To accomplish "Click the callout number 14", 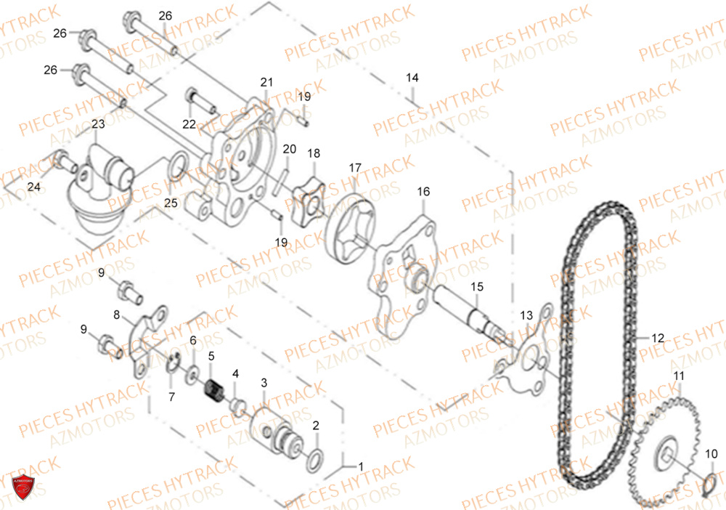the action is (412, 77).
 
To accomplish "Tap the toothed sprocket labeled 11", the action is (664, 453).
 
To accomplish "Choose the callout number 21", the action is (266, 82).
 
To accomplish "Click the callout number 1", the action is (361, 466).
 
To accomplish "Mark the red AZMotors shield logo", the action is (23, 487).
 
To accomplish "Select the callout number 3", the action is (264, 383).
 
